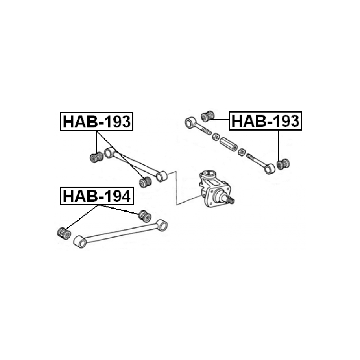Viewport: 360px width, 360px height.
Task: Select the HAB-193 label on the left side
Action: coord(97,122)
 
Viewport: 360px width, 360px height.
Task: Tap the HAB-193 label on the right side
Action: coord(265,121)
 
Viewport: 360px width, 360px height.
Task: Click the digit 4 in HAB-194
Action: coord(125,196)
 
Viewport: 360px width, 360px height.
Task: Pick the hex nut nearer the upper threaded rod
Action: coord(216,137)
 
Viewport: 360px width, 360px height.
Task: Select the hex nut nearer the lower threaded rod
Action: coord(241,152)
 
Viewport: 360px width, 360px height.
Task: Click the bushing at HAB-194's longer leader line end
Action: coord(64,233)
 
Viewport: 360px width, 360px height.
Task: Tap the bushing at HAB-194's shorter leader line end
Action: coord(145,216)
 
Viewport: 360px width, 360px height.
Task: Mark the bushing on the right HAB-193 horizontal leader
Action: coord(207,116)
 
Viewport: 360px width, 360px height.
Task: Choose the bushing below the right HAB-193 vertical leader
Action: coord(283,164)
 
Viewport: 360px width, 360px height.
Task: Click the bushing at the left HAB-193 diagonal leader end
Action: coord(145,182)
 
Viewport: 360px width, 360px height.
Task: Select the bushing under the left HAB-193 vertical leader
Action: coord(96,157)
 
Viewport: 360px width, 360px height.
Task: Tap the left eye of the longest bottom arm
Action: coord(80,242)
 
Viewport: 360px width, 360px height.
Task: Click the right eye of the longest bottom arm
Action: coord(162,225)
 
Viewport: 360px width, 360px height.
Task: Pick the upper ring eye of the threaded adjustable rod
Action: coord(191,123)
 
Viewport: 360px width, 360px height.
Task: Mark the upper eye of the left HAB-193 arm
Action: coord(109,153)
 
